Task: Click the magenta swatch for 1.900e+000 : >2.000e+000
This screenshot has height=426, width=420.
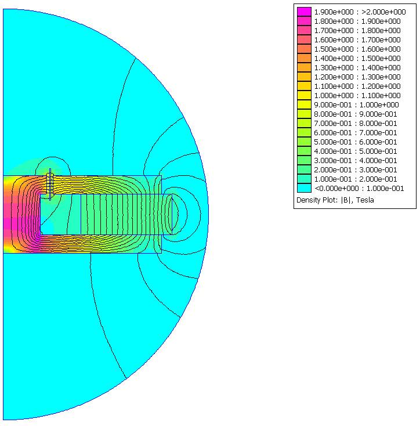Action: coord(304,12)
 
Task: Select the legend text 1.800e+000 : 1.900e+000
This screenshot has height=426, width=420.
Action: coord(357,21)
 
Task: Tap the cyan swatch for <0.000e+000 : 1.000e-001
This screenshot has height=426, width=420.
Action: coord(304,188)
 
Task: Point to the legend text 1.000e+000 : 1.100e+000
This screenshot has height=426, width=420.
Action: coord(357,95)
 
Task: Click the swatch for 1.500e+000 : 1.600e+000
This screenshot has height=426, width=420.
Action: coord(304,49)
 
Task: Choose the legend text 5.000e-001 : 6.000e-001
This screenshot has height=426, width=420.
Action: coord(356,142)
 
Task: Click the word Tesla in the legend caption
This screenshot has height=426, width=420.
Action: coord(365,200)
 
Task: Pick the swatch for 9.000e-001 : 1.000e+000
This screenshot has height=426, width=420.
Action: coord(304,104)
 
